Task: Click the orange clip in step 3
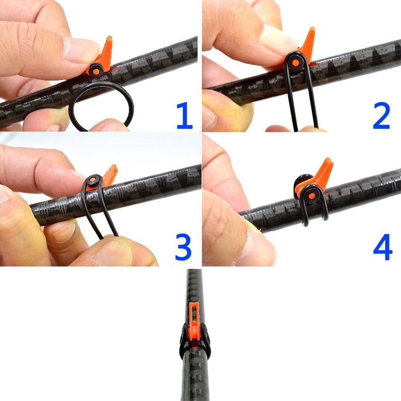pos(109,174)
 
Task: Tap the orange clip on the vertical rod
pos(194,321)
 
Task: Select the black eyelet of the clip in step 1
pos(96,70)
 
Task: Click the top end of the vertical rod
pos(195,273)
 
